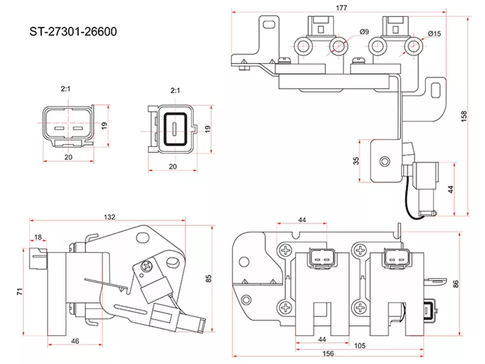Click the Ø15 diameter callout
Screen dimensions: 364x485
point(434,33)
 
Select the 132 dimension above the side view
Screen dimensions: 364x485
point(110,217)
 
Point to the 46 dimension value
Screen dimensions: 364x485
point(75,342)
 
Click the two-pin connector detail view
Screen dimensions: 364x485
point(67,128)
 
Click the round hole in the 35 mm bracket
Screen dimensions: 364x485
point(384,161)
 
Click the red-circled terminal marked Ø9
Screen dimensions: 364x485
point(339,45)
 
